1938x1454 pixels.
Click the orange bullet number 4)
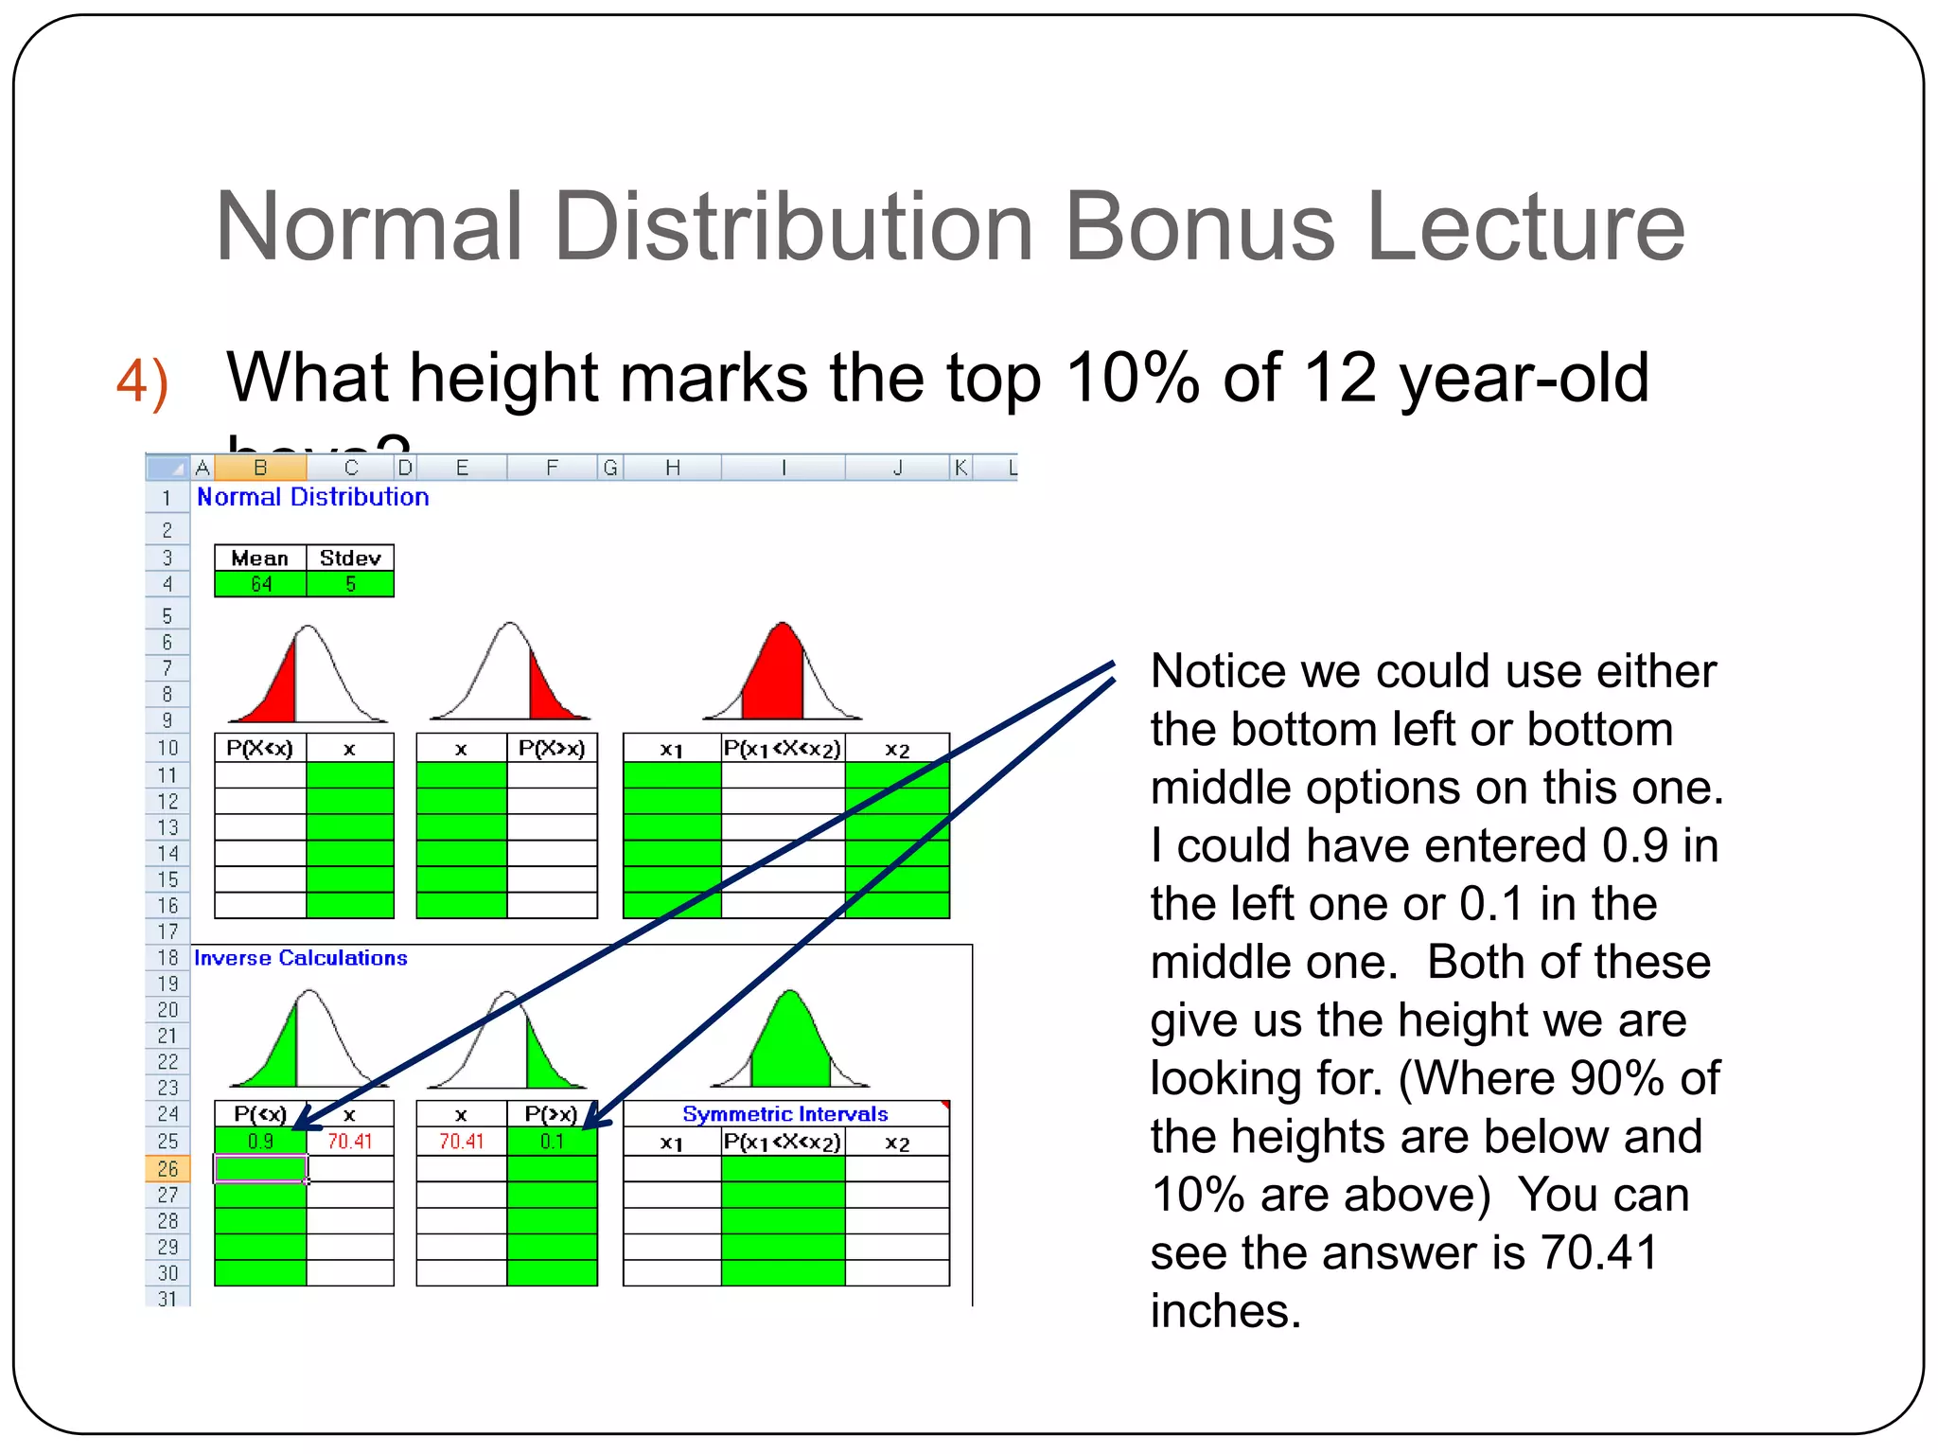(x=143, y=381)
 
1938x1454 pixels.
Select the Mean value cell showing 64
(x=260, y=584)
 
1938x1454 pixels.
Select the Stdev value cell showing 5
(x=350, y=584)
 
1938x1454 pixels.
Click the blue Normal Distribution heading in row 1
(x=312, y=497)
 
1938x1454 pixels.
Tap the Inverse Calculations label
(x=300, y=958)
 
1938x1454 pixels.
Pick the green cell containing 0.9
(x=260, y=1142)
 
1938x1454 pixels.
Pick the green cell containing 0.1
(x=552, y=1142)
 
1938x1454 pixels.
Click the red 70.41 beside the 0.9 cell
(x=350, y=1142)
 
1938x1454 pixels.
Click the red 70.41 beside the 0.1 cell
(x=461, y=1142)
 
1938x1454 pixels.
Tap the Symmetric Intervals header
(x=784, y=1114)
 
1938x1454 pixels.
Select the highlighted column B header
(x=260, y=468)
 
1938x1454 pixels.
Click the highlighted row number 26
(x=167, y=1169)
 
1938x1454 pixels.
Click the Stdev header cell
(x=350, y=558)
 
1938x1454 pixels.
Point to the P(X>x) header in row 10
(x=552, y=749)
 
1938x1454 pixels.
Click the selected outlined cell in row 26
(x=260, y=1169)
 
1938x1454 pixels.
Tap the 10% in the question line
(x=1132, y=378)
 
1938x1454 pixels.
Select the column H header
(x=672, y=468)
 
